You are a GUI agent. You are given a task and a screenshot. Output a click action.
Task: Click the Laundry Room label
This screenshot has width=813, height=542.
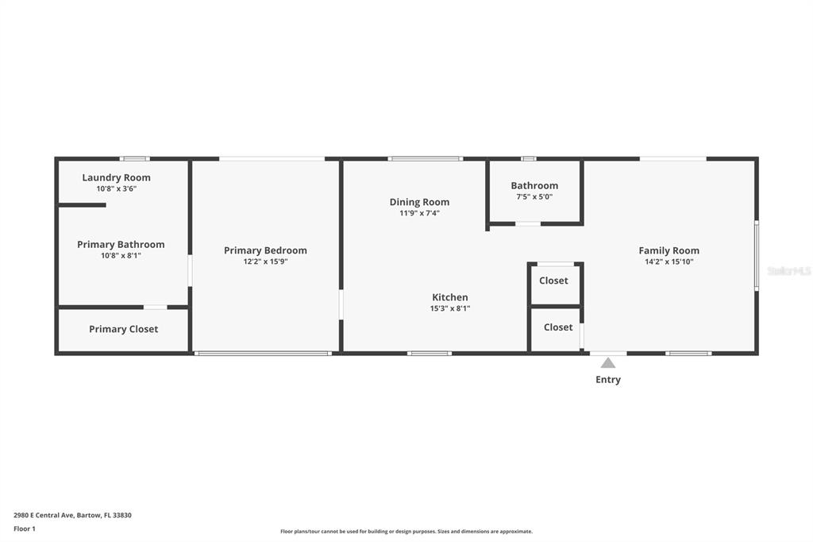(116, 177)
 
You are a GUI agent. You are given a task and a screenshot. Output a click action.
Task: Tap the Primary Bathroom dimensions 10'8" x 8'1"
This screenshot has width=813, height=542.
(121, 255)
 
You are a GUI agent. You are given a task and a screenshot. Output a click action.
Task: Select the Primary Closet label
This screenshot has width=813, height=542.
(123, 329)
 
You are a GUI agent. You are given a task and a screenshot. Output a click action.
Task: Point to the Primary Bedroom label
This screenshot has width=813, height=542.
(265, 250)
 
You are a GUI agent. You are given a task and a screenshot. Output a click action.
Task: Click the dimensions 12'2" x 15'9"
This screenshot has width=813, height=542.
(265, 261)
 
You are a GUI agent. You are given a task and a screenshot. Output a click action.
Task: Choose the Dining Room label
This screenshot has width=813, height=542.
(419, 202)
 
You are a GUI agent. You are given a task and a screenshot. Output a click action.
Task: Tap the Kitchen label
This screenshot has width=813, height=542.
(450, 297)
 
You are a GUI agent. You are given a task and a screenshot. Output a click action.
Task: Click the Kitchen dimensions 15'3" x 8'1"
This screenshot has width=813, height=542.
(450, 308)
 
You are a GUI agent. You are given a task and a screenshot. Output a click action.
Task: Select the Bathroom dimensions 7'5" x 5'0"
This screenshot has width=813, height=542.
(534, 197)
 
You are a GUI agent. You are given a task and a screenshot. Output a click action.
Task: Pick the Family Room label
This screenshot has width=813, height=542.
(669, 250)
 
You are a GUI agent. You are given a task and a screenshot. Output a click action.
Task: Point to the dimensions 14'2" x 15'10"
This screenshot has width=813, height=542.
(669, 261)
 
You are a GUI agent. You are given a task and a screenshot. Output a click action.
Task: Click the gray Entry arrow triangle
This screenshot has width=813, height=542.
(608, 362)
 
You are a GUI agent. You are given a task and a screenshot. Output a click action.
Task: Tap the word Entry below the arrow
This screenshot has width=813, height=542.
(608, 380)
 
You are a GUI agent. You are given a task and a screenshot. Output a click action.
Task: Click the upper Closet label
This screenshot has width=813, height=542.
(553, 281)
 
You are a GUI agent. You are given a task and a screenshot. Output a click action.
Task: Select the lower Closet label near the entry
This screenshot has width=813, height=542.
(558, 327)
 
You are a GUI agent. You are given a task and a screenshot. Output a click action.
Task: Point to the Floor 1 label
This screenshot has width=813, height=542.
(25, 528)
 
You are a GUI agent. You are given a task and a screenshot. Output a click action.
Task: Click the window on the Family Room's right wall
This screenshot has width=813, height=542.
(757, 255)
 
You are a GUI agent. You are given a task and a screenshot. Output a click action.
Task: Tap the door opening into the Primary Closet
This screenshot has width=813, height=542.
(155, 308)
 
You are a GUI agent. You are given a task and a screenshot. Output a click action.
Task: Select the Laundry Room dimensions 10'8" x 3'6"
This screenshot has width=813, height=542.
(116, 189)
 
